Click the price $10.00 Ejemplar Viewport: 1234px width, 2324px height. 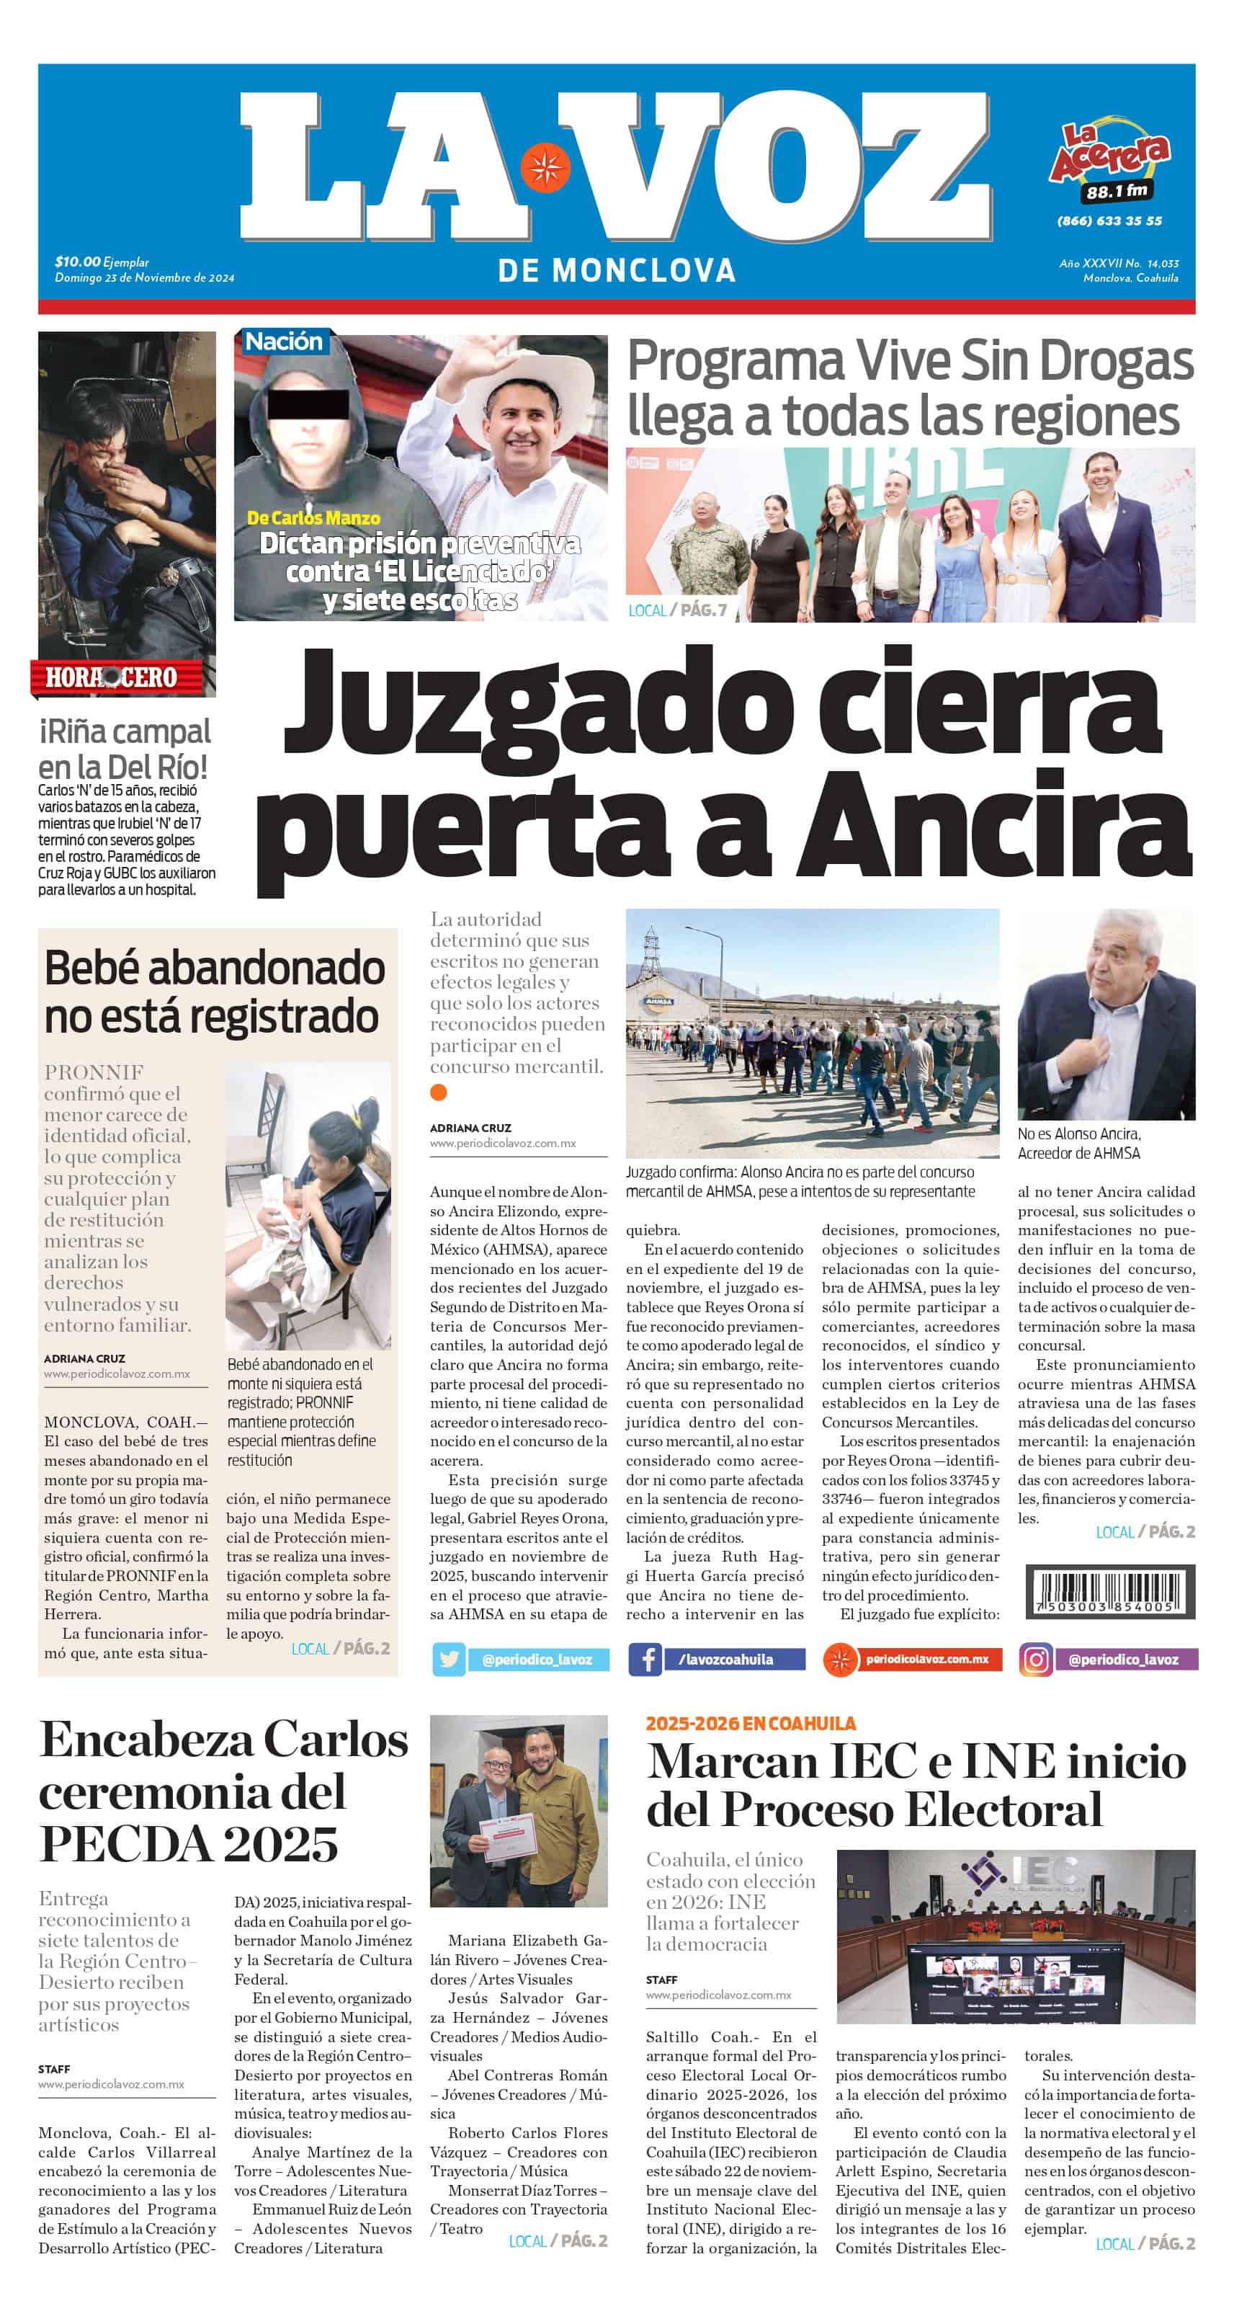pyautogui.click(x=102, y=262)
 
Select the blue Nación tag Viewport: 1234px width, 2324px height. pyautogui.click(x=283, y=342)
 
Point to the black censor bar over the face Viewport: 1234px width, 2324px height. pyautogui.click(x=308, y=405)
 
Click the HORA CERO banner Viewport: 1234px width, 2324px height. pyautogui.click(x=112, y=677)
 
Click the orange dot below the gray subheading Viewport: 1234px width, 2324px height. pyautogui.click(x=439, y=1092)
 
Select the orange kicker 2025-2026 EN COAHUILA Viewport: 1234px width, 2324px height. pyautogui.click(x=751, y=1723)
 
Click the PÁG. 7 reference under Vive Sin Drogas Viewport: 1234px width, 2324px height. pyautogui.click(x=704, y=610)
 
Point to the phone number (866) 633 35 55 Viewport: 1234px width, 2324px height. pyautogui.click(x=1109, y=221)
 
